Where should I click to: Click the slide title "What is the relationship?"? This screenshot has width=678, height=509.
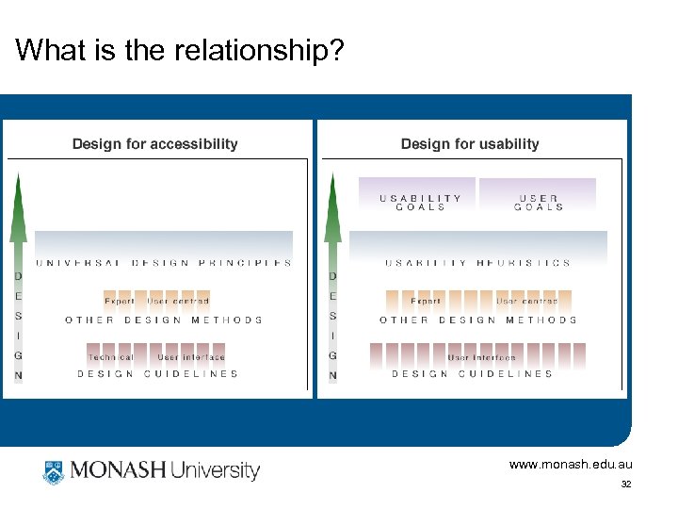pyautogui.click(x=180, y=50)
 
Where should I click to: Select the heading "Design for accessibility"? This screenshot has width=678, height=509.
pyautogui.click(x=155, y=144)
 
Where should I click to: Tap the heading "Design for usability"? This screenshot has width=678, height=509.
pyautogui.click(x=470, y=144)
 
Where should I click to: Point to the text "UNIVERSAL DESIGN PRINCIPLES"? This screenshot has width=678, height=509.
pyautogui.click(x=164, y=263)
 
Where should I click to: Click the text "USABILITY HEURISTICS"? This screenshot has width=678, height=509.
pyautogui.click(x=477, y=263)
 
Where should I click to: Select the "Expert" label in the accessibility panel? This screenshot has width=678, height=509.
pyautogui.click(x=120, y=301)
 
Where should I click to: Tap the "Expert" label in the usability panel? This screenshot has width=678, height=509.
pyautogui.click(x=426, y=301)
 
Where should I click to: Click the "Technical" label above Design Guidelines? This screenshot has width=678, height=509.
pyautogui.click(x=111, y=357)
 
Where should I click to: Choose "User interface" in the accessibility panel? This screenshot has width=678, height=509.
pyautogui.click(x=191, y=357)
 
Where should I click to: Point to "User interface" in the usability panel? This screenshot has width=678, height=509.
pyautogui.click(x=482, y=357)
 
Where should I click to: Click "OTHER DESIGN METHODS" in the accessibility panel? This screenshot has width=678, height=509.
pyautogui.click(x=164, y=320)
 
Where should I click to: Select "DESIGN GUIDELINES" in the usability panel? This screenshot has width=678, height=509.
pyautogui.click(x=473, y=374)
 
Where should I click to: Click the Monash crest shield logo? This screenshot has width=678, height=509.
pyautogui.click(x=53, y=470)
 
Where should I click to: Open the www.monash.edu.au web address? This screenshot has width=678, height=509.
pyautogui.click(x=571, y=465)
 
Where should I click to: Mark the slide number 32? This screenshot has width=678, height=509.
pyautogui.click(x=626, y=484)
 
